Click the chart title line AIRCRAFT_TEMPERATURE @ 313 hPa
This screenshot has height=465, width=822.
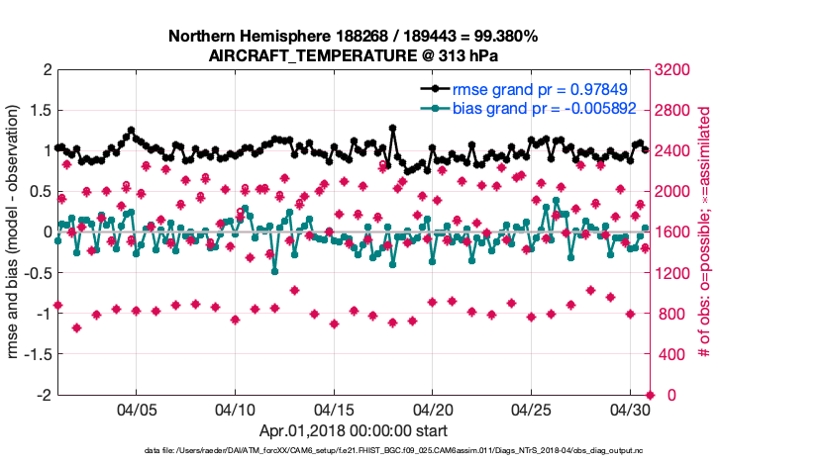354,56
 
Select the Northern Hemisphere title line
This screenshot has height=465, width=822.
354,37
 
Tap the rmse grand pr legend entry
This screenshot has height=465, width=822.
536,89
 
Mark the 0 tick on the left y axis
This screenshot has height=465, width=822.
46,232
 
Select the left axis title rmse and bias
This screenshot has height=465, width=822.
17,232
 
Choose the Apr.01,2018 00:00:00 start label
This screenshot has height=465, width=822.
354,431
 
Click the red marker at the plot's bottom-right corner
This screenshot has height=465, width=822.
650,395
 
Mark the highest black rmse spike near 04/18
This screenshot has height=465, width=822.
393,128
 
